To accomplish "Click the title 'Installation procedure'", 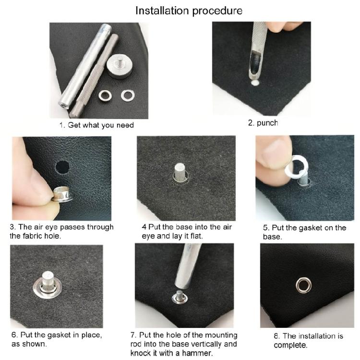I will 189,10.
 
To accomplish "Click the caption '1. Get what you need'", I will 96,125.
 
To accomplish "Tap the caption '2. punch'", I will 263,123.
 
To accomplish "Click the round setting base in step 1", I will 118,67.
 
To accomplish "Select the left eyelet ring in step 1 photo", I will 106,96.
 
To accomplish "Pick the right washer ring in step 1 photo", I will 127,95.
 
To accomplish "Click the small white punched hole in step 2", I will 255,83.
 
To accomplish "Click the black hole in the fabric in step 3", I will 62,167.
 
